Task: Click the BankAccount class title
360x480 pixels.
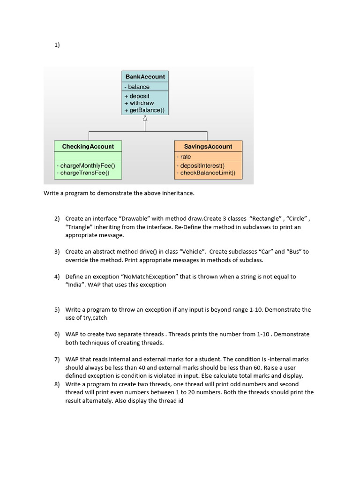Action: click(x=145, y=76)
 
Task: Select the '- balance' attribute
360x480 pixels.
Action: click(x=137, y=87)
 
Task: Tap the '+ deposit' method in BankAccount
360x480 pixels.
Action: click(x=137, y=96)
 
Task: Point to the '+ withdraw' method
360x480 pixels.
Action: click(x=139, y=103)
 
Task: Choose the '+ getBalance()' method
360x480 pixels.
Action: click(x=144, y=111)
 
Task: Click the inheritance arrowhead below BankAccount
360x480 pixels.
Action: click(x=145, y=118)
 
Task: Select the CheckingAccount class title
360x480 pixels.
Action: click(x=88, y=147)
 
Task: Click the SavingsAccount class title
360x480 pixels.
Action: click(x=208, y=147)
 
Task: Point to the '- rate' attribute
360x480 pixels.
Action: click(x=184, y=157)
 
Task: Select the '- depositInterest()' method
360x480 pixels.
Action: click(x=200, y=165)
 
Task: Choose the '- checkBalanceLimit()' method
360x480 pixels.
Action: click(x=206, y=172)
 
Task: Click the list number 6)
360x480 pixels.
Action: click(x=57, y=334)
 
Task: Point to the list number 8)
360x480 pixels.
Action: click(x=57, y=384)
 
